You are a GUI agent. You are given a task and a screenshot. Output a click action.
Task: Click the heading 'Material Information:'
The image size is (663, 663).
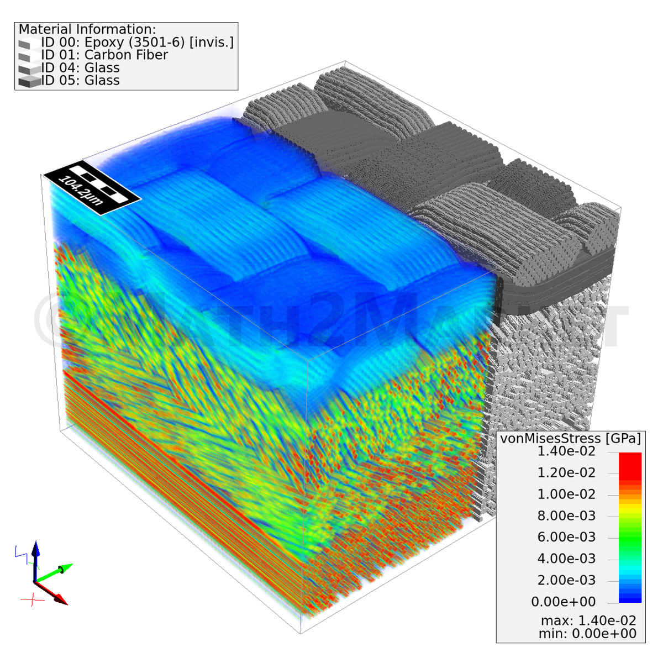point(87,29)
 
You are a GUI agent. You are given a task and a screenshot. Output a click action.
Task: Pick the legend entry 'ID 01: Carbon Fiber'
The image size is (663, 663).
point(104,55)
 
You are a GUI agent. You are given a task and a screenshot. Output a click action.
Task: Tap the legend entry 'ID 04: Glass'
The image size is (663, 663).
point(80,67)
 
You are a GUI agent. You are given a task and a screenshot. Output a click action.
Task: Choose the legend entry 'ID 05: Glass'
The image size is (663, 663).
point(80,80)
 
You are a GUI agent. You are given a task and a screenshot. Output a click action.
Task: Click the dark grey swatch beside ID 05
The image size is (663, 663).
point(30,81)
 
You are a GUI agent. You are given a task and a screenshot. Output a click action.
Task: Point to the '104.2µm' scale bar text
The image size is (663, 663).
point(81,190)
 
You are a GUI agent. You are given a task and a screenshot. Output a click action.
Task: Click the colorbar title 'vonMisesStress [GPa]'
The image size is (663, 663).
point(570,438)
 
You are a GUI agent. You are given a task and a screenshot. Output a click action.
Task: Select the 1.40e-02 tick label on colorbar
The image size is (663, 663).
point(566,451)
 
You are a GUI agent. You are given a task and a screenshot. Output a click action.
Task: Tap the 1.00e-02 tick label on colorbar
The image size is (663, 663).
point(566,494)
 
